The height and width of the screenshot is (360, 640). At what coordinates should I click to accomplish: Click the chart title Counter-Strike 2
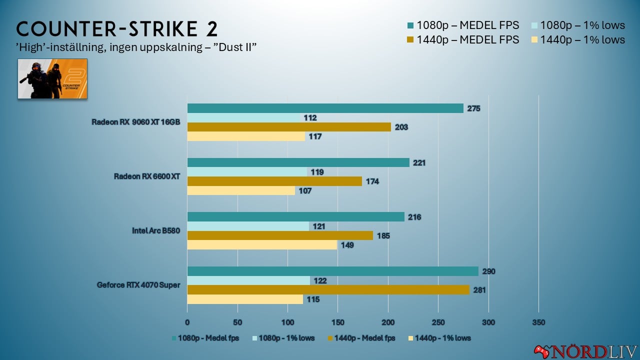pos(117,28)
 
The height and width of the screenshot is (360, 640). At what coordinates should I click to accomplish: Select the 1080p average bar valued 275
pos(325,108)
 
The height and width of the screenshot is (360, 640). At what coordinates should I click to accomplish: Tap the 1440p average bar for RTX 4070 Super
pos(328,290)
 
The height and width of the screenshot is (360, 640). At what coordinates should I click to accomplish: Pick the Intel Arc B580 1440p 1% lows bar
pos(262,245)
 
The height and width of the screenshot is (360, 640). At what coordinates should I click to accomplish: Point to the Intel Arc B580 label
pos(155,231)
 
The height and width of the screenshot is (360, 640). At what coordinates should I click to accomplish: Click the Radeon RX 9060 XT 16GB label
pos(135,122)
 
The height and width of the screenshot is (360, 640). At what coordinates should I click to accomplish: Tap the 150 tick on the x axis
pos(338,322)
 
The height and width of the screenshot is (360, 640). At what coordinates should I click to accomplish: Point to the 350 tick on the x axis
pos(538,322)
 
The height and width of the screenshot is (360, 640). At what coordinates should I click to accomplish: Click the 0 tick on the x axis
pos(187,322)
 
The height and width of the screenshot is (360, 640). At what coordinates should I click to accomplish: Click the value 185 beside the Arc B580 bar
pos(383,236)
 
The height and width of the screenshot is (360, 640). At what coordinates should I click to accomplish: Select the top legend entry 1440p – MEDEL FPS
pos(467,39)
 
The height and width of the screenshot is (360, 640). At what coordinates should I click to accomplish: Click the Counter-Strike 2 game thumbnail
pos(52,78)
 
